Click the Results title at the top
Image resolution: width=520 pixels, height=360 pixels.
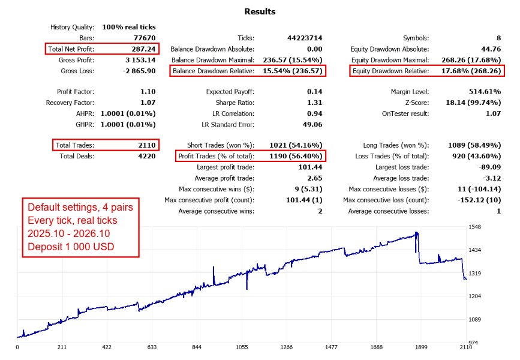coord(260,11)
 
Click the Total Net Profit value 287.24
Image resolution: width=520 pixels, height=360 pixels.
coord(143,49)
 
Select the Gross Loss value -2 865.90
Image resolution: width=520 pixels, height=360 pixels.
coord(139,71)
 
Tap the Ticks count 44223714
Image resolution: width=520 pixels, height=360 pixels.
coord(305,38)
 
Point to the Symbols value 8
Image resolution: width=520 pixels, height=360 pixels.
coord(499,38)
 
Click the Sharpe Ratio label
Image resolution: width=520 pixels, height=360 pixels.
coord(235,103)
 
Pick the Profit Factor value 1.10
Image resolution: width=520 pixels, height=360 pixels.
coord(148,92)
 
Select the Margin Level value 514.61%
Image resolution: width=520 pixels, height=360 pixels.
coord(485,92)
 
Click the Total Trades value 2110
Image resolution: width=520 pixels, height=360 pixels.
coord(147,145)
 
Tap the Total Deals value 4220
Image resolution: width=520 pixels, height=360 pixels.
coord(147,156)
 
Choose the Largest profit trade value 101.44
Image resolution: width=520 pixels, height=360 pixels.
coord(311,167)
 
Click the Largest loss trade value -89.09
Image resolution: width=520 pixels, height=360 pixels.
coord(490,167)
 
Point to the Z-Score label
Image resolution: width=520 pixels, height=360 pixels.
coord(417,103)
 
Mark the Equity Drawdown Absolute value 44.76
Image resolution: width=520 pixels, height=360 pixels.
coord(491,49)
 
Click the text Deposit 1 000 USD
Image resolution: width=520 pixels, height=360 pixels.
coord(71,247)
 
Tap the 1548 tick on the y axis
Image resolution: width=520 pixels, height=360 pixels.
coord(474,227)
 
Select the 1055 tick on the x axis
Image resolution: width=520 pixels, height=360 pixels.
coord(242,347)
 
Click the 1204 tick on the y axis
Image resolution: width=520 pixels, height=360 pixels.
coord(474,296)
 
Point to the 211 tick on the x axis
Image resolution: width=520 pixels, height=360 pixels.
coord(62,347)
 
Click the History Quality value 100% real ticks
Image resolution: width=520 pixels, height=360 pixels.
coord(129,27)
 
